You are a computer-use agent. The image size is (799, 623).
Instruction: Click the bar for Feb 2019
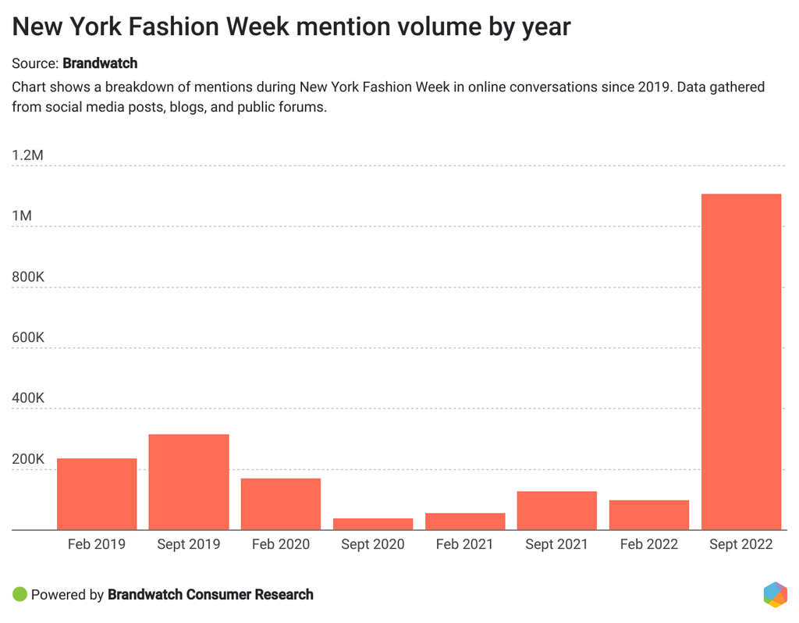[x=97, y=493]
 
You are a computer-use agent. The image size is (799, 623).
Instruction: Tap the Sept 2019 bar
[x=189, y=482]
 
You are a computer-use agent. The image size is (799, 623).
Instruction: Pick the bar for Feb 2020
[x=281, y=504]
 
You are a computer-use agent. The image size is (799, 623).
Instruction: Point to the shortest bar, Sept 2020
[x=373, y=524]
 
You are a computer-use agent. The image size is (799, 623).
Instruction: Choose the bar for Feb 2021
[x=465, y=521]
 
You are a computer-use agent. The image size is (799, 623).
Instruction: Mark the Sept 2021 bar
[x=557, y=510]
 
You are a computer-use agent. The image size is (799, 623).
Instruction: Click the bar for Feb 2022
[x=649, y=514]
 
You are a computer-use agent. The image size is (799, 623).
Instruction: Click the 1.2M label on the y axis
[x=27, y=155]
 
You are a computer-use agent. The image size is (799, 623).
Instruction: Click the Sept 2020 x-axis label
[x=373, y=544]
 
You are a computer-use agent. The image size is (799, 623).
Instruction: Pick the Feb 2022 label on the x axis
[x=649, y=544]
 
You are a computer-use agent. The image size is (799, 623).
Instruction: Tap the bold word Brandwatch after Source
[x=100, y=63]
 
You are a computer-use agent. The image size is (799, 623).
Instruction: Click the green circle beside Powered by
[x=20, y=594]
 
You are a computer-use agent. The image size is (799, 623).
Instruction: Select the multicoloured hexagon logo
[x=775, y=594]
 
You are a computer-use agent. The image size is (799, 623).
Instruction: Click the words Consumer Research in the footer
[x=250, y=594]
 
